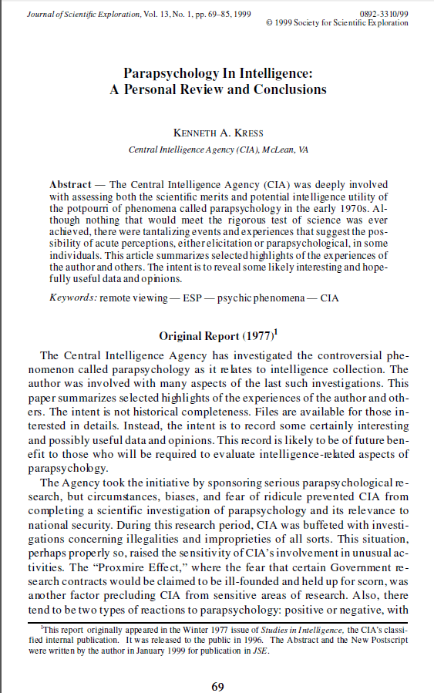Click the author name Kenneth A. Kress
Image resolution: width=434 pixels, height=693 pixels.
tap(217, 132)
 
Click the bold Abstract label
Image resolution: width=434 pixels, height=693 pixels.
tap(70, 186)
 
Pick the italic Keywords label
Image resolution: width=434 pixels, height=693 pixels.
tap(72, 298)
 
